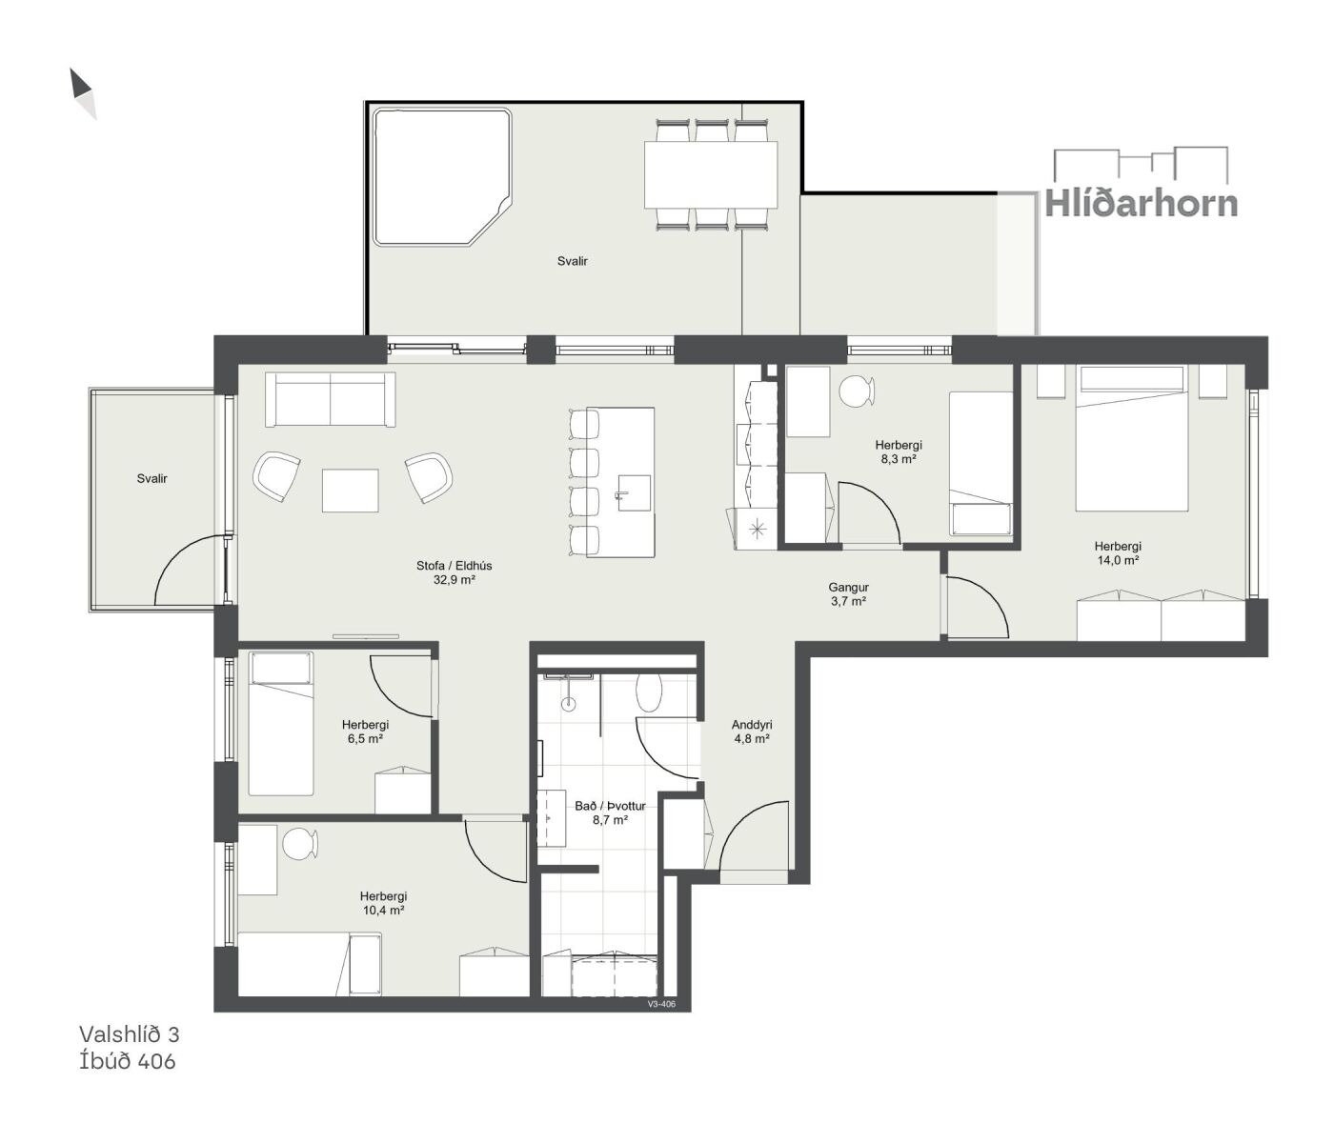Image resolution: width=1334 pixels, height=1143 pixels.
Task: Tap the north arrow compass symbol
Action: [x=83, y=94]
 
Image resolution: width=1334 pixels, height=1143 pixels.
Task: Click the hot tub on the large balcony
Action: [x=442, y=177]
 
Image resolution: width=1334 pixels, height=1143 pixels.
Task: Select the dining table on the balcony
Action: [x=711, y=175]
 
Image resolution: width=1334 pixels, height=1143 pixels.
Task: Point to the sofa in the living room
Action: [x=330, y=399]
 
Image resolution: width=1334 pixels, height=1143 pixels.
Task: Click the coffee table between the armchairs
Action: [x=351, y=491]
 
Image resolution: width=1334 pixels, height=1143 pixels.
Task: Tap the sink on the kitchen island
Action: [x=634, y=492]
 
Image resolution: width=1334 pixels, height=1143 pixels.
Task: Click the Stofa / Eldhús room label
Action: [x=454, y=566]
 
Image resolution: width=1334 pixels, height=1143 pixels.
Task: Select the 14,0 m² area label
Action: [x=1118, y=560]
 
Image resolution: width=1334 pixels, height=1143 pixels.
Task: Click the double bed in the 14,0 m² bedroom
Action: [x=1131, y=438]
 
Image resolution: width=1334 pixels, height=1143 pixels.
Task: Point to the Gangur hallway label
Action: [x=848, y=588]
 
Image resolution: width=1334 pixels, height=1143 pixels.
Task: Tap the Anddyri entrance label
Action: [x=752, y=725]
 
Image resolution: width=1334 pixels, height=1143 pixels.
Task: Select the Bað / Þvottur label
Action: [x=610, y=807]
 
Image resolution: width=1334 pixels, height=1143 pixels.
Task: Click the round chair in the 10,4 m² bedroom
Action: [x=300, y=843]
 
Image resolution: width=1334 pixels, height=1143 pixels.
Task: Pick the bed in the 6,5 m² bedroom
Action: [x=281, y=723]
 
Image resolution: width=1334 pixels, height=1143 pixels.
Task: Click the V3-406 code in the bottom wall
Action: [x=661, y=1004]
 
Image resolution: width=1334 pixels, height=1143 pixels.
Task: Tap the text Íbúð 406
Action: [x=127, y=1061]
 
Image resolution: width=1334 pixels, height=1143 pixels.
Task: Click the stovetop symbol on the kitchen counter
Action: [x=757, y=531]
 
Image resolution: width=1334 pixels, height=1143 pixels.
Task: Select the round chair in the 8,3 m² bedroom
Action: [x=857, y=391]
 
